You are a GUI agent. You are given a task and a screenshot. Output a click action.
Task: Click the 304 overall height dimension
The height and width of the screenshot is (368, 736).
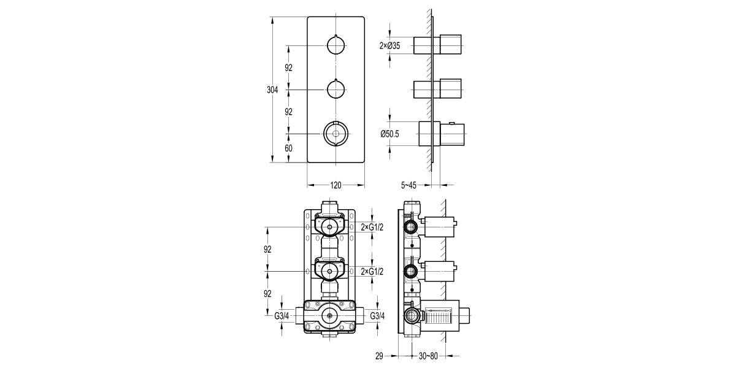click(272, 90)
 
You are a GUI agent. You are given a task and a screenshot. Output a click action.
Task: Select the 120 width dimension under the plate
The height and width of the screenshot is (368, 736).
click(336, 185)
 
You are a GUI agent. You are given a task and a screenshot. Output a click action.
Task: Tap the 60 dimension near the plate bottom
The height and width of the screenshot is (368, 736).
click(288, 148)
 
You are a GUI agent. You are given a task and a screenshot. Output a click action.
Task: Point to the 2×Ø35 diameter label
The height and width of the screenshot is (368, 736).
click(389, 45)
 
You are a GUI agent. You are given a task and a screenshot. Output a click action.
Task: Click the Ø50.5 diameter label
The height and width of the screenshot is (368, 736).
click(389, 134)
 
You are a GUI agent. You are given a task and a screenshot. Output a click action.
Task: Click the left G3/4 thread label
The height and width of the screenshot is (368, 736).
click(282, 316)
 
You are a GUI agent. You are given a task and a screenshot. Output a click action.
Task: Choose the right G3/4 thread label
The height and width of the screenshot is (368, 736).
click(378, 316)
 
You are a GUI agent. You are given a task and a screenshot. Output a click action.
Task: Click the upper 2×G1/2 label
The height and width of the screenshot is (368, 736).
click(372, 228)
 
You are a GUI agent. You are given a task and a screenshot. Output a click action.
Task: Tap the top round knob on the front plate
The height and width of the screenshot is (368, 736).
click(336, 45)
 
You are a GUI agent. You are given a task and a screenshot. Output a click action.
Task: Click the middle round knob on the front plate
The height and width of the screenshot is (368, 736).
click(336, 90)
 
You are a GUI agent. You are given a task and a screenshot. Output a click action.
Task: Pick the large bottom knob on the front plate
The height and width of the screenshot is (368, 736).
click(336, 133)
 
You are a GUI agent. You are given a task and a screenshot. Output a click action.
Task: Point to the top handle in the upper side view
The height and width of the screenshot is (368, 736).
click(438, 45)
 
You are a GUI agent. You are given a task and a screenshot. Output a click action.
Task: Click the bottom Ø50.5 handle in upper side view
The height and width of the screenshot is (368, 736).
click(442, 134)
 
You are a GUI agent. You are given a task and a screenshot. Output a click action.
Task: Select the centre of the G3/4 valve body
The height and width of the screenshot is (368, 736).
click(330, 316)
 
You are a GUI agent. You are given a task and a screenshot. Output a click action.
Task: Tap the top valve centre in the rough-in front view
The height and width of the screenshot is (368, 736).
click(330, 228)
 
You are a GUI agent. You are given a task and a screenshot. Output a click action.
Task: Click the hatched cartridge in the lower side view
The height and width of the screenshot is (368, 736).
click(441, 316)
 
